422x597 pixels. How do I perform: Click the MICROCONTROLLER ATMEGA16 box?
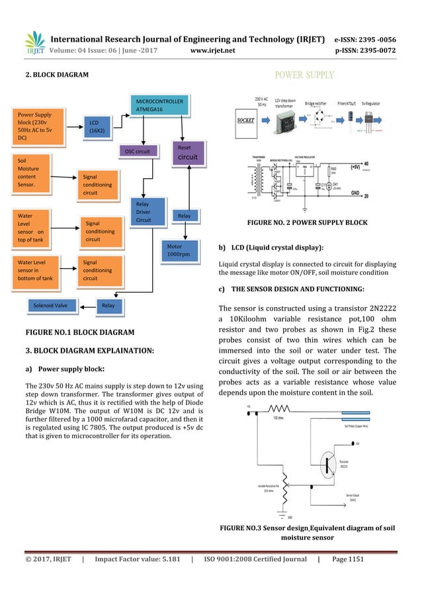pos(159,105)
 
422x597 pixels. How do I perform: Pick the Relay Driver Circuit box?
pos(147,212)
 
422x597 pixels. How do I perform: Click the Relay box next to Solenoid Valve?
pos(107,305)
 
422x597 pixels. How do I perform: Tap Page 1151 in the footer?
pos(347,559)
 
